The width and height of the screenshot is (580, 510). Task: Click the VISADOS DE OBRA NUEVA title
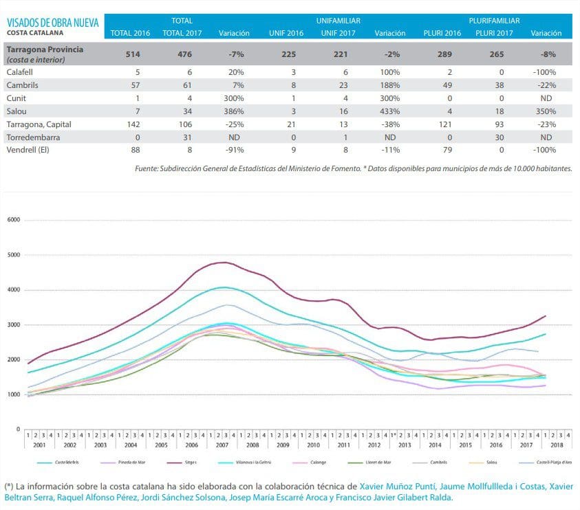tap(53, 22)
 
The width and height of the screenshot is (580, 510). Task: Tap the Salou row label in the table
tap(17, 111)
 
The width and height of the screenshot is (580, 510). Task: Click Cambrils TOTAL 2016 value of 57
tap(136, 85)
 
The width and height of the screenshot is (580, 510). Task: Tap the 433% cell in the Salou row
tap(390, 111)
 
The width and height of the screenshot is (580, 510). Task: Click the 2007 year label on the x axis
tap(222, 445)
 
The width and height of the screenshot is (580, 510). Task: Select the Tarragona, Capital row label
tap(39, 124)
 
